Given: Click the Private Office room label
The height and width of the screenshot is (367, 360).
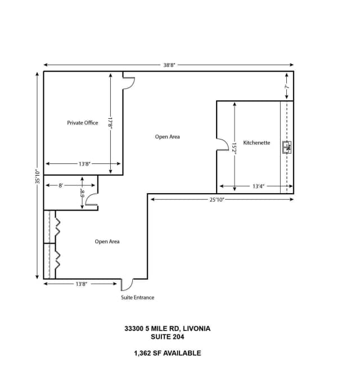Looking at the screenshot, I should point(83,123).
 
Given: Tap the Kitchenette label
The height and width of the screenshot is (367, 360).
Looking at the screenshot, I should point(256,143).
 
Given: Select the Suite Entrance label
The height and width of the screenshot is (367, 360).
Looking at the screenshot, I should point(137,298).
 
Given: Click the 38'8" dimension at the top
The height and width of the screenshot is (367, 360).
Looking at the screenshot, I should point(169,65).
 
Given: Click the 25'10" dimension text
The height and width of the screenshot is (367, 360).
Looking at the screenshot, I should point(217,199).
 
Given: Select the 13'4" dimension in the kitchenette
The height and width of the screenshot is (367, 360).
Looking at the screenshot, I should point(258,186).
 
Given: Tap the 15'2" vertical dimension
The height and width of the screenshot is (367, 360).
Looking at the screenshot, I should point(233,148).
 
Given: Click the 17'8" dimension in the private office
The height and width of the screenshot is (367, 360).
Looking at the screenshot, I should point(111,123).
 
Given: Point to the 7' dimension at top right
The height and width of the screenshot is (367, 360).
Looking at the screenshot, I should point(286,87).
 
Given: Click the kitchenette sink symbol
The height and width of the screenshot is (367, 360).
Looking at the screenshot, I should point(286,147).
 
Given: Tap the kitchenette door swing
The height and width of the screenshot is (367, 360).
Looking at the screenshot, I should point(221,144).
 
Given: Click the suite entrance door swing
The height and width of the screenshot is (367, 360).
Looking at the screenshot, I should point(127,284).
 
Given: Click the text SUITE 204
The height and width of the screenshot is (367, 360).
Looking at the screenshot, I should point(168,337).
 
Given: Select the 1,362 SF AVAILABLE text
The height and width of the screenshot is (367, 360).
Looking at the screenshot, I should point(167,353).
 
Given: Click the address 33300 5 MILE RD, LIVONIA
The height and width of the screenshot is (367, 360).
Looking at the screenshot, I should point(168,329).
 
